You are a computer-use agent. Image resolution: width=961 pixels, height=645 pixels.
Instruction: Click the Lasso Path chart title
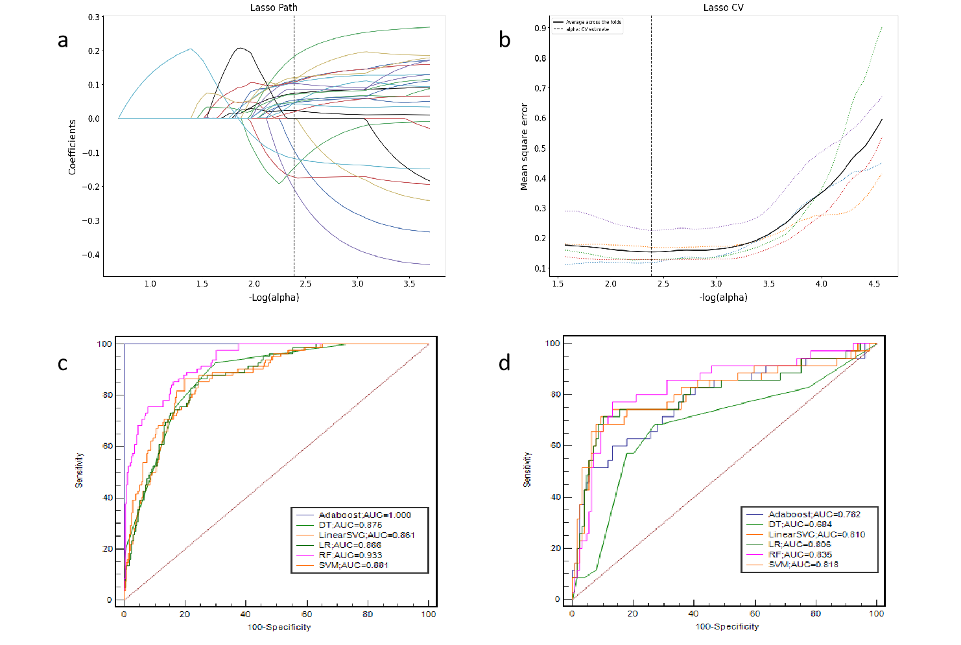(x=274, y=8)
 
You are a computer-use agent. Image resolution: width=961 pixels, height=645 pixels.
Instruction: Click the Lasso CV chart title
(x=723, y=8)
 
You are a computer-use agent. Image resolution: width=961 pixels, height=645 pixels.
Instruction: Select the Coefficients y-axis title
(x=72, y=147)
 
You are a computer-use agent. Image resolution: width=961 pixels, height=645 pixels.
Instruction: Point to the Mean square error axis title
(x=524, y=147)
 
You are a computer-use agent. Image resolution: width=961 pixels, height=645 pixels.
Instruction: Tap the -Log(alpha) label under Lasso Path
(x=274, y=298)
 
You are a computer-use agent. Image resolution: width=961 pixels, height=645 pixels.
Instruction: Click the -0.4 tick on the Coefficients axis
(x=91, y=255)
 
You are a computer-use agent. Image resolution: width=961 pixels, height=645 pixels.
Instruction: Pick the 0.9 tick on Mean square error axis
(x=540, y=28)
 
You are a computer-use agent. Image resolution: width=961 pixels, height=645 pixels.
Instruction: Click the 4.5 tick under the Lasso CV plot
(x=874, y=284)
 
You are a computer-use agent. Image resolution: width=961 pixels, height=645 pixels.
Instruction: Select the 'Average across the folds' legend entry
(x=593, y=22)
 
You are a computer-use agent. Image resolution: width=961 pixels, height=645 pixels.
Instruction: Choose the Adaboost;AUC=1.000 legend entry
(x=364, y=515)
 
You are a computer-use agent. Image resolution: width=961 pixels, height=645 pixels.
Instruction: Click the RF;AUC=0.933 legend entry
(x=350, y=555)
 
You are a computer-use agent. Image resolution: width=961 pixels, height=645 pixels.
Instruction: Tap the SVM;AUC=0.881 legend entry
(x=353, y=565)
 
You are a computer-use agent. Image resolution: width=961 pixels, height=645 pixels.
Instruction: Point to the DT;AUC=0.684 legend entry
(x=800, y=524)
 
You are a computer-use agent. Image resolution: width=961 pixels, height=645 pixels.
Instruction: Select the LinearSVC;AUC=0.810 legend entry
(x=816, y=535)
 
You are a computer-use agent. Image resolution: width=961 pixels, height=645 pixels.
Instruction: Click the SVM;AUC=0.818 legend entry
(x=803, y=565)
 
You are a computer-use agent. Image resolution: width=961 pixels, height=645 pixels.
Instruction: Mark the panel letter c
(x=62, y=364)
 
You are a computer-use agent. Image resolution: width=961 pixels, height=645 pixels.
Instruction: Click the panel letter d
(x=504, y=363)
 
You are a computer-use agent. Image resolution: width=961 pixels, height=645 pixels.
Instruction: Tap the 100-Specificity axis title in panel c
(x=279, y=627)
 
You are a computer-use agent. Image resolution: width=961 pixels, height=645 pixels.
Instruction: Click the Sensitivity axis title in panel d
(x=527, y=470)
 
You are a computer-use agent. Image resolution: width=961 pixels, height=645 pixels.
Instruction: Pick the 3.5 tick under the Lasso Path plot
(x=409, y=284)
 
